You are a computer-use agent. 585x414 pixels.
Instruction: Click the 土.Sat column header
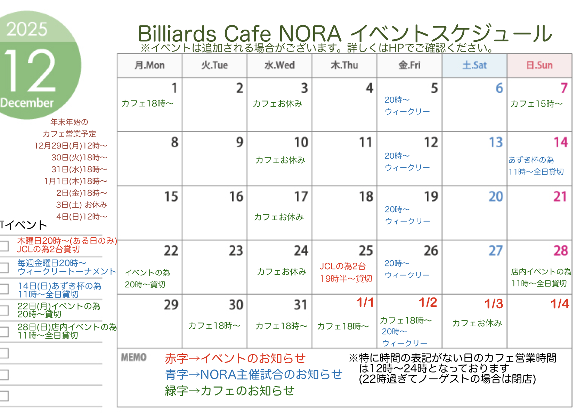point(474,65)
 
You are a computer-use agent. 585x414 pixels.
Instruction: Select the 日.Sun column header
point(539,65)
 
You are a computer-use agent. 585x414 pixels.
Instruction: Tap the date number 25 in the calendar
point(366,250)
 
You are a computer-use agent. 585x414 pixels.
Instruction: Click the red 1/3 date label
point(494,304)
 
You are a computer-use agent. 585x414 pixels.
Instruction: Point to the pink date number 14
point(561,142)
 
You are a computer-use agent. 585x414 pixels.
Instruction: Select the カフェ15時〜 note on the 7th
point(536,104)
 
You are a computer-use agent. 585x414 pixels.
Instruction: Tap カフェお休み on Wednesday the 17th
point(279,217)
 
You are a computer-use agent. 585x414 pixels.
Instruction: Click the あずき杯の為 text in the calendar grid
point(531,160)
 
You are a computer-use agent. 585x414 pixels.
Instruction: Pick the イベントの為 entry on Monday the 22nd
point(148,273)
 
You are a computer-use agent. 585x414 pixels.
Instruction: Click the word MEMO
point(134,357)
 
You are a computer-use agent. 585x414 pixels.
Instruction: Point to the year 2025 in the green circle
point(27,29)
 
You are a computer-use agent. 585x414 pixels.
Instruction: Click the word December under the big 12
point(27,103)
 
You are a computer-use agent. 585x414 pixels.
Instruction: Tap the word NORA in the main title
point(310,34)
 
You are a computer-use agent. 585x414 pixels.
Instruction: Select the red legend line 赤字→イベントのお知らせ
point(235,358)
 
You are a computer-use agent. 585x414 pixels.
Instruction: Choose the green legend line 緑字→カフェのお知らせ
point(229,391)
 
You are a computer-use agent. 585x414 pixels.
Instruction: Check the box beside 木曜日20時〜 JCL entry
point(4,246)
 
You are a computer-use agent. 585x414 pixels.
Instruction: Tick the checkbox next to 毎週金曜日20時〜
point(4,268)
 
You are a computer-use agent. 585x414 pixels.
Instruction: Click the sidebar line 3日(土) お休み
point(82,205)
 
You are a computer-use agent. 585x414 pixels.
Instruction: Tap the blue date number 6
point(499,88)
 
